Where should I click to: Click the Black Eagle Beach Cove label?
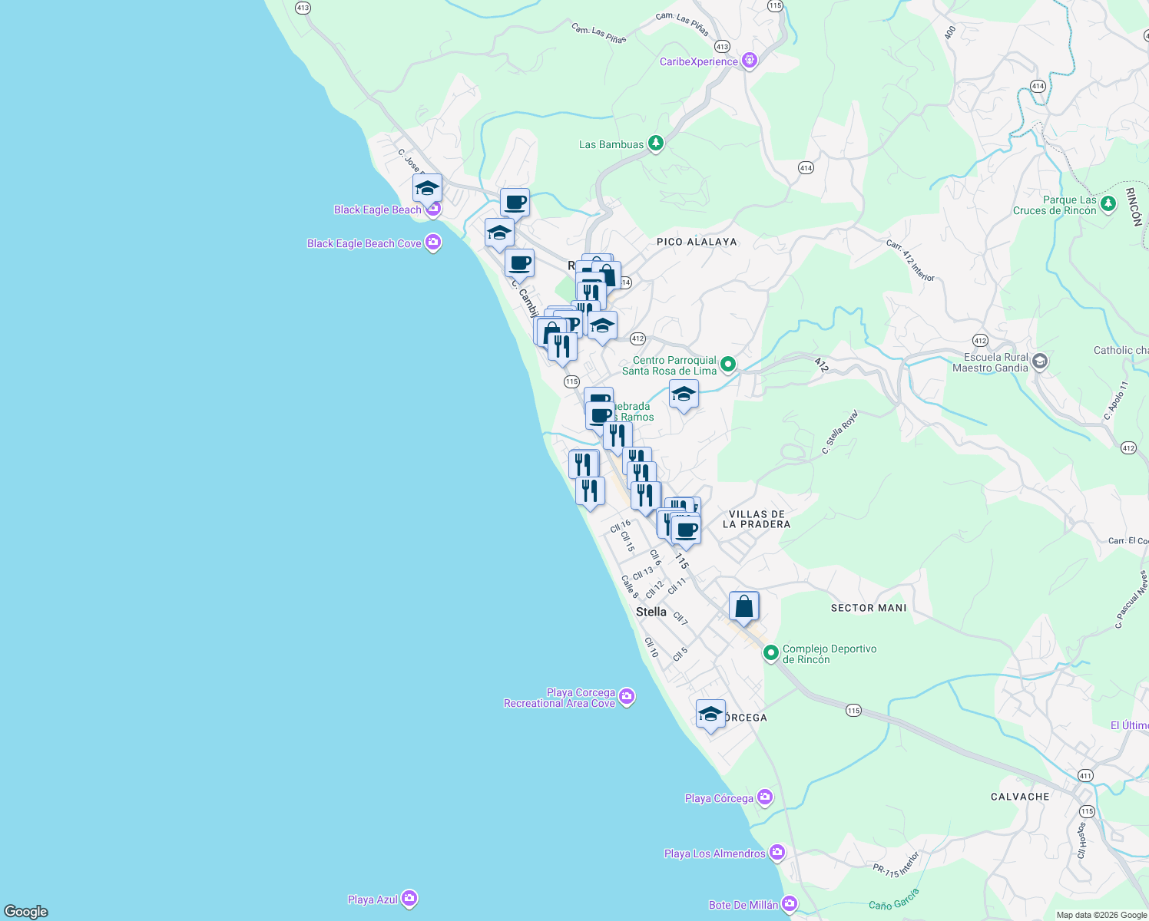click(x=364, y=243)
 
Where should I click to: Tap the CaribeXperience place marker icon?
click(x=750, y=61)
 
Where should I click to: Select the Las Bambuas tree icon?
click(x=655, y=144)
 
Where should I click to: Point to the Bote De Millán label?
click(x=743, y=905)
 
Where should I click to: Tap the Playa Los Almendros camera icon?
click(x=777, y=853)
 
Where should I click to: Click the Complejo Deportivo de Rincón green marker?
click(x=771, y=653)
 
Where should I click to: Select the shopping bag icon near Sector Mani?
click(x=743, y=607)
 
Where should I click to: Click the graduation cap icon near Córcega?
click(x=710, y=715)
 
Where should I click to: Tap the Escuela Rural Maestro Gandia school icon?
click(x=1039, y=361)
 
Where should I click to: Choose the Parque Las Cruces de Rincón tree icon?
click(x=1108, y=203)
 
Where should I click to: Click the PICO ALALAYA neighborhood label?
click(x=697, y=242)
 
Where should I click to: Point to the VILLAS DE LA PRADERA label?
click(x=757, y=520)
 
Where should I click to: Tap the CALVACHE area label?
click(x=1020, y=797)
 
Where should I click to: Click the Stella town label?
click(x=651, y=612)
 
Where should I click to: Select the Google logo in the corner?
click(x=26, y=911)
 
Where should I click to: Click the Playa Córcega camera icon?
click(x=764, y=797)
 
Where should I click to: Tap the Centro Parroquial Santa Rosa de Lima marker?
click(x=728, y=365)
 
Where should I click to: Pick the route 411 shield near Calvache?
click(x=1084, y=775)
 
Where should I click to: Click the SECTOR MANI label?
click(x=869, y=608)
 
